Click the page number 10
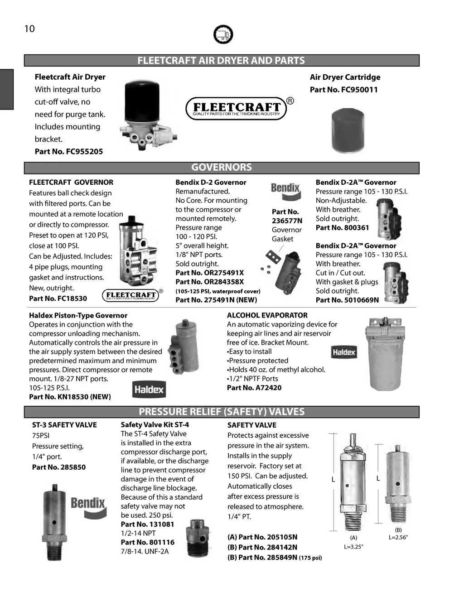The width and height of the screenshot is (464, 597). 29,29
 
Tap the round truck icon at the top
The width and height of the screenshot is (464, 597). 222,34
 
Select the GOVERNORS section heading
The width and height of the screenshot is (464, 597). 222,168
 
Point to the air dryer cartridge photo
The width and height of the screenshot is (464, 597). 348,130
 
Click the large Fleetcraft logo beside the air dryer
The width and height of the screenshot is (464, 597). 237,108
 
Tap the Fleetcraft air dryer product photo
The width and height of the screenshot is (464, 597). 145,115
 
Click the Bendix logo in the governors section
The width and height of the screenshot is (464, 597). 285,191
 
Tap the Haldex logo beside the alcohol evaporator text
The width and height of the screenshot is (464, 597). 344,352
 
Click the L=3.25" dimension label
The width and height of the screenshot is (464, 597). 354,547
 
